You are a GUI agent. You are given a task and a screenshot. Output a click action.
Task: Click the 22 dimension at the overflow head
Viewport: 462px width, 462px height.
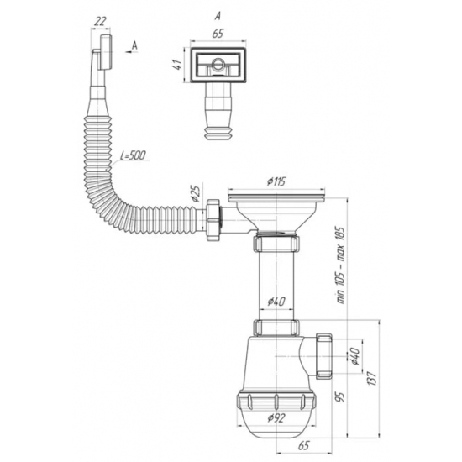point(100,21)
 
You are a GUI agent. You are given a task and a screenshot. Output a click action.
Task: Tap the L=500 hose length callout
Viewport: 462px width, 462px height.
point(133,155)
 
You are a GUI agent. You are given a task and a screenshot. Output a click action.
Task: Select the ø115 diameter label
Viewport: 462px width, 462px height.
point(276,181)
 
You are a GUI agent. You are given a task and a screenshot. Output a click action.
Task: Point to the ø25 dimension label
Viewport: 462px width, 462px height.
point(196,192)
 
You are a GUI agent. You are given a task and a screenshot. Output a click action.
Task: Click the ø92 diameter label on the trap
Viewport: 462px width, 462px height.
point(276,417)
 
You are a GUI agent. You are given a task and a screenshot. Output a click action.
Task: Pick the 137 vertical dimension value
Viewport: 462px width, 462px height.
point(372,378)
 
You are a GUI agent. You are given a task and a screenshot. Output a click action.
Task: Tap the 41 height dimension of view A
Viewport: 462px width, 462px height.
point(177,65)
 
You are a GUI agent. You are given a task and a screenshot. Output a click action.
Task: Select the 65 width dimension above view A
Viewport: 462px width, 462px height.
point(218,34)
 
